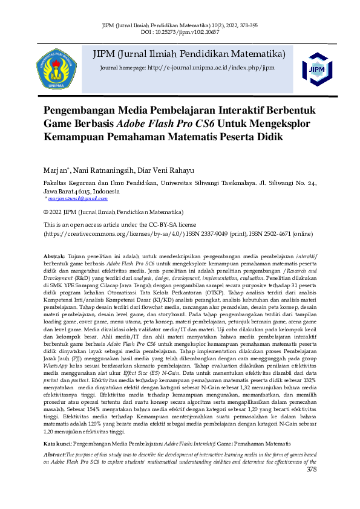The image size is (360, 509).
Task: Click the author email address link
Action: (77, 198)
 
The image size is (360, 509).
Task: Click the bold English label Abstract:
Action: (59, 470)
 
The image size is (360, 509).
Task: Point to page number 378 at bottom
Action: (312, 486)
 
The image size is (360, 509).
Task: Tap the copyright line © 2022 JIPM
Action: (114, 212)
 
